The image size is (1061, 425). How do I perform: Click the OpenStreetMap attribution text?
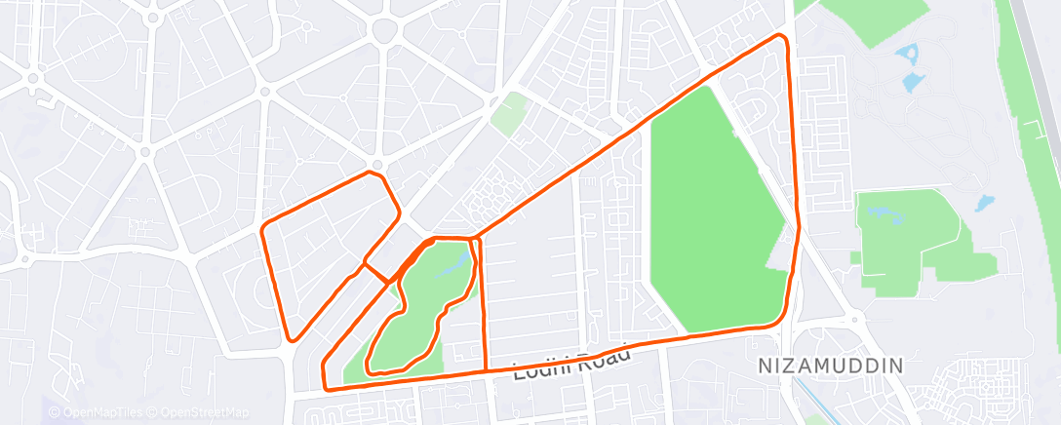(x=205, y=411)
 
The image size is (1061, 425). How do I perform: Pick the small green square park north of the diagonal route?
(x=507, y=114)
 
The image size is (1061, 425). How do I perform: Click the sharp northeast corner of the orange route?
(x=780, y=36)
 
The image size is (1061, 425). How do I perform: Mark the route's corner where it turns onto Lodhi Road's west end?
(x=326, y=388)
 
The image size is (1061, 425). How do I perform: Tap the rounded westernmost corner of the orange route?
(x=264, y=230)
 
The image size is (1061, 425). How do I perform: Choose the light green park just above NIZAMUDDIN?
(x=907, y=239)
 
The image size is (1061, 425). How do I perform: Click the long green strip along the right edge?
(x=1034, y=146)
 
